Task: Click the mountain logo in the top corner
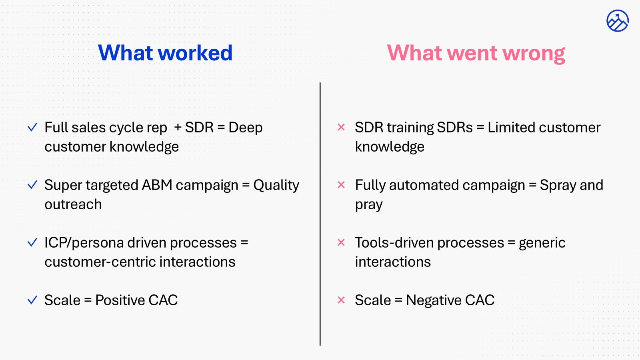(x=617, y=21)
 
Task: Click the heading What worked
(x=165, y=53)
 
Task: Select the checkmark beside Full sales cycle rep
(x=32, y=128)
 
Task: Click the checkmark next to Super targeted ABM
(x=32, y=185)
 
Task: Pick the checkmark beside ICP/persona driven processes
(x=32, y=243)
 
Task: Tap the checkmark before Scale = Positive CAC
(x=32, y=300)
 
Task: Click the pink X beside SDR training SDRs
(x=341, y=128)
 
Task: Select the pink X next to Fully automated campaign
(x=341, y=185)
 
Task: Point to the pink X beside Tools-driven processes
(x=341, y=242)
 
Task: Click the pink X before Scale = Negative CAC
(x=341, y=300)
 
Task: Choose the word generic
(x=542, y=243)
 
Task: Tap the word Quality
(x=276, y=186)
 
